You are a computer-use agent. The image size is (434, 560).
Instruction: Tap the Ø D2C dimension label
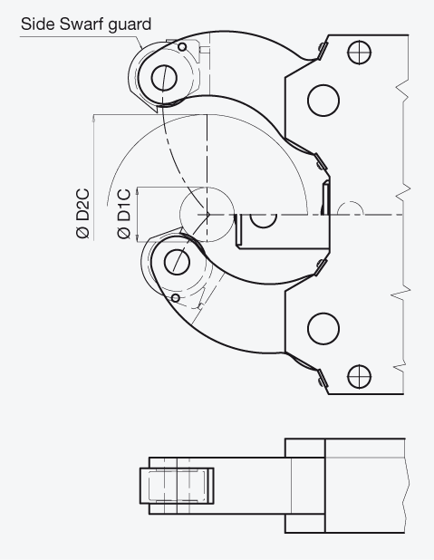click(82, 213)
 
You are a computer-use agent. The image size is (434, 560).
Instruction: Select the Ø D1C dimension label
click(124, 213)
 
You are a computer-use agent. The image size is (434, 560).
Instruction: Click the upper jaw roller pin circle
click(164, 78)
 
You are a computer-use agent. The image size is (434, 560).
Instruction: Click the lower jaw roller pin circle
click(177, 262)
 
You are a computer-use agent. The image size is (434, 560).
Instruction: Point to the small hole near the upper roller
click(182, 47)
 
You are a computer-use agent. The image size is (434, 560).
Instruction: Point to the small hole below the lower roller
click(176, 297)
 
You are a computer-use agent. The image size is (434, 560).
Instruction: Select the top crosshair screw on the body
click(359, 53)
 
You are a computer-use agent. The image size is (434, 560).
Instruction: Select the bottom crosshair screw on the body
click(359, 376)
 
